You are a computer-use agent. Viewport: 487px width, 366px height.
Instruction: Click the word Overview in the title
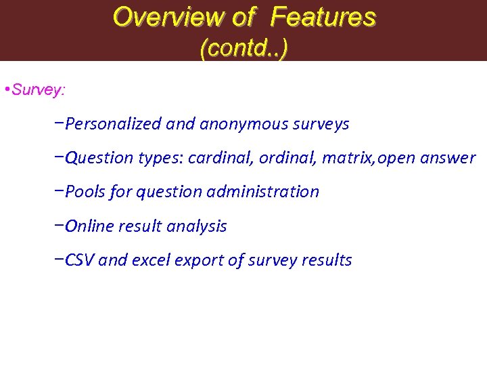pyautogui.click(x=168, y=17)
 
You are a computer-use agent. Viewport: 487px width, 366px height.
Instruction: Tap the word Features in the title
pyautogui.click(x=323, y=17)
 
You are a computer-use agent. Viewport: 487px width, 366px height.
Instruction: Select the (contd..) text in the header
pyautogui.click(x=243, y=48)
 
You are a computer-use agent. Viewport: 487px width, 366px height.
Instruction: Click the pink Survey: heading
pyautogui.click(x=39, y=89)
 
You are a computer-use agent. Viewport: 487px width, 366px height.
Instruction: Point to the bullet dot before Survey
pyautogui.click(x=6, y=90)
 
